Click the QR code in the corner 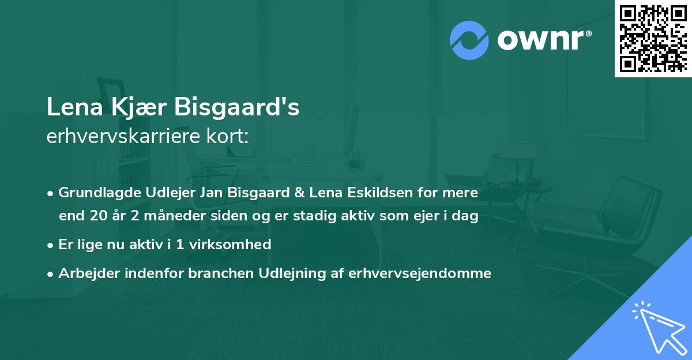click(653, 38)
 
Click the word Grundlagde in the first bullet click(93, 192)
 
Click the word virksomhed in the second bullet click(236, 244)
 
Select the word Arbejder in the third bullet click(85, 273)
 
